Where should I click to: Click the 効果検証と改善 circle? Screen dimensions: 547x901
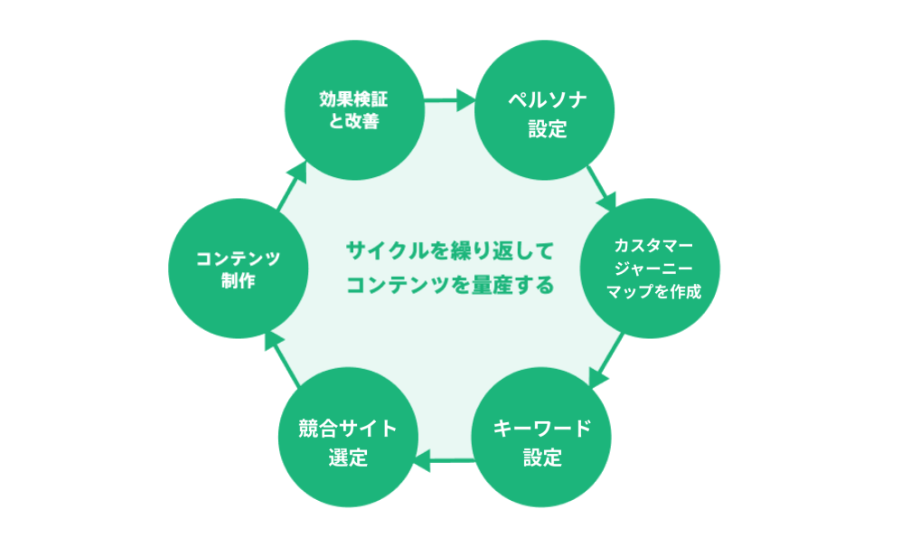pyautogui.click(x=354, y=109)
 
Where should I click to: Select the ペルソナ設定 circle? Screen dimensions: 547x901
pyautogui.click(x=547, y=109)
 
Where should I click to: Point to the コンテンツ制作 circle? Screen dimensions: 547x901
pyautogui.click(x=239, y=269)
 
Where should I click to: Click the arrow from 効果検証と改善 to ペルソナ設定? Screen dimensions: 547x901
pyautogui.click(x=449, y=100)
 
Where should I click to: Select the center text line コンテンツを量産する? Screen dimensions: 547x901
pyautogui.click(x=449, y=285)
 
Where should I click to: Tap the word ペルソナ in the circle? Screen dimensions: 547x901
pyautogui.click(x=547, y=98)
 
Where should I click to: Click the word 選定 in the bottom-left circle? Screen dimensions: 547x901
pyautogui.click(x=348, y=457)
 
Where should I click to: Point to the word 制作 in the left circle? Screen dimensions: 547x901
pyautogui.click(x=239, y=280)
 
